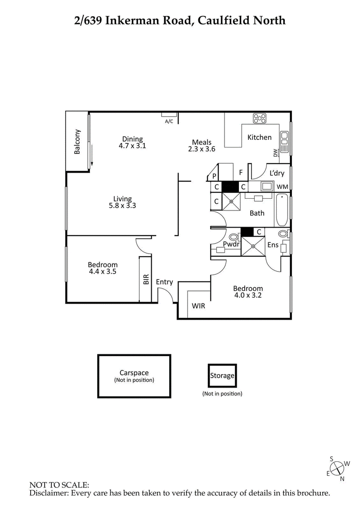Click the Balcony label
[x=77, y=142]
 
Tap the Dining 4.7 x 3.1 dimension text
[x=132, y=146]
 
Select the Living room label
[x=122, y=199]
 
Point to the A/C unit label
[x=169, y=121]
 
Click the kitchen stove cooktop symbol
[x=260, y=118]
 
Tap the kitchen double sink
[x=284, y=141]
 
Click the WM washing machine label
[x=282, y=187]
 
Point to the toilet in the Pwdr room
[x=234, y=237]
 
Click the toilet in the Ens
[x=283, y=234]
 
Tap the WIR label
[x=198, y=306]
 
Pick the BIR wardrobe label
[x=146, y=280]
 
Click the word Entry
[x=164, y=282]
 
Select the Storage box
[x=221, y=375]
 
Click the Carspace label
[x=134, y=373]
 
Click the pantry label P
[x=214, y=176]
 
